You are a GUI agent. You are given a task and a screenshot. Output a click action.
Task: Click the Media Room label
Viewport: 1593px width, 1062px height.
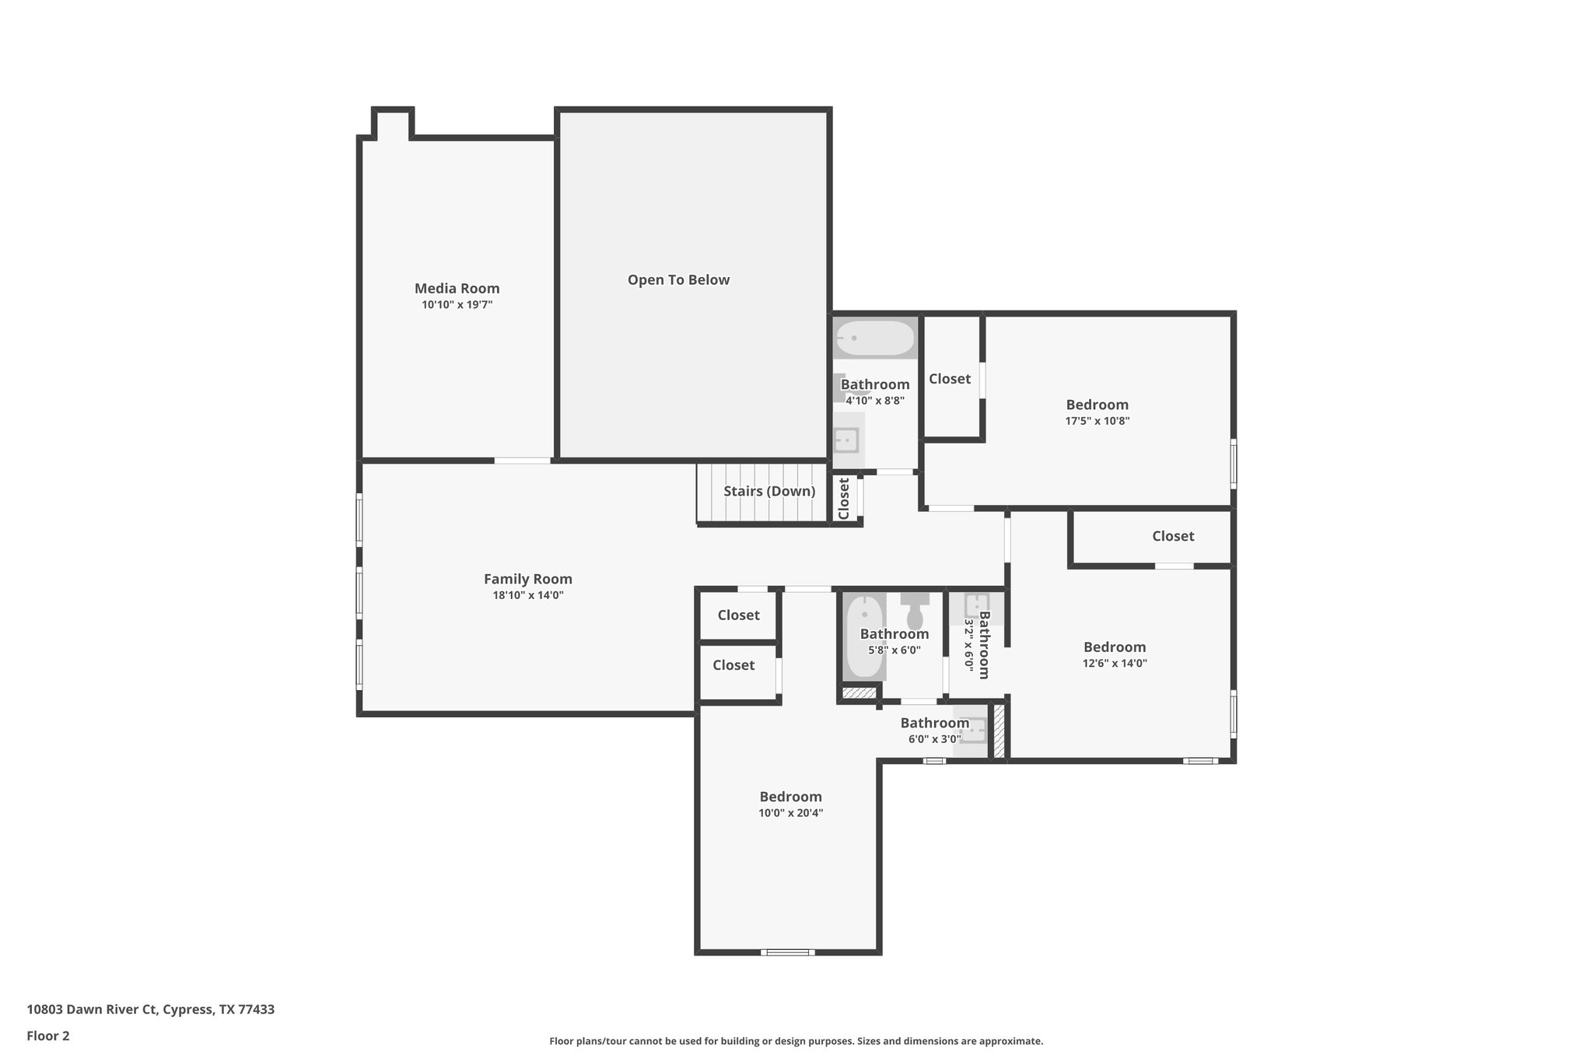457,289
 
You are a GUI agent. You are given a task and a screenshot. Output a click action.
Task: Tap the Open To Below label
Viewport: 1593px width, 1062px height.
678,280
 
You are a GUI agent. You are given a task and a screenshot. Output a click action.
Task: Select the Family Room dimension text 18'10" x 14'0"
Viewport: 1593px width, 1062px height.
527,595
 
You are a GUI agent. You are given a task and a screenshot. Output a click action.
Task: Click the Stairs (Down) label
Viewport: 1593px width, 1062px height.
768,491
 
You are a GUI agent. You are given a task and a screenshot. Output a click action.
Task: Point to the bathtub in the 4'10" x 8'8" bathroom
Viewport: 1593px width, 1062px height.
875,338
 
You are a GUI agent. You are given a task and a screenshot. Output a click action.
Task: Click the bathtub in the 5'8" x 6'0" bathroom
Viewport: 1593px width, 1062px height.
863,636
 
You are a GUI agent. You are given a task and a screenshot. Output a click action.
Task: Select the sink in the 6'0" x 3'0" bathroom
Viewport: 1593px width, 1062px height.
972,731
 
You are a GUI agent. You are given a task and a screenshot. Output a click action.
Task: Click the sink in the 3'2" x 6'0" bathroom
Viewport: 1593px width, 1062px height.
976,606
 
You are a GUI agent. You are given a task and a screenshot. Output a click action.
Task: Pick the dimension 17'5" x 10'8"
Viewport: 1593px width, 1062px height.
1097,421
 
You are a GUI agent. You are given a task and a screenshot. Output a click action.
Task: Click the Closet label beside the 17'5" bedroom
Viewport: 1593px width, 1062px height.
950,379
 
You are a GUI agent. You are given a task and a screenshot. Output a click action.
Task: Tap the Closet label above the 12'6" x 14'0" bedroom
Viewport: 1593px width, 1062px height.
1172,536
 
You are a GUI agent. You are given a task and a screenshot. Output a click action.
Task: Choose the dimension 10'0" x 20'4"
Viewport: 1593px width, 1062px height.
790,813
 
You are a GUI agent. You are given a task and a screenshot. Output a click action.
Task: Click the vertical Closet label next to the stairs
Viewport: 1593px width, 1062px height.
844,498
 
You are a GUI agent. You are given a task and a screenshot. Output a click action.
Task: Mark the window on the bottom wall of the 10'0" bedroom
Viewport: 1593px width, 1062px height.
787,952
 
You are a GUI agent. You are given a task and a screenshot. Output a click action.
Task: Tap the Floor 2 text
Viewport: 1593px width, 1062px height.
48,1036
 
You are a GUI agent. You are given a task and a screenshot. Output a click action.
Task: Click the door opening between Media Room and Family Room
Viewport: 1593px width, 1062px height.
522,461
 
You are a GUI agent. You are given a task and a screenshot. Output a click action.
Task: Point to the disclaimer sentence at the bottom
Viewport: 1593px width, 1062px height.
796,1041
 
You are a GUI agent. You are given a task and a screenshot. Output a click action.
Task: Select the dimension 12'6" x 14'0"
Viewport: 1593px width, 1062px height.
1114,664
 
